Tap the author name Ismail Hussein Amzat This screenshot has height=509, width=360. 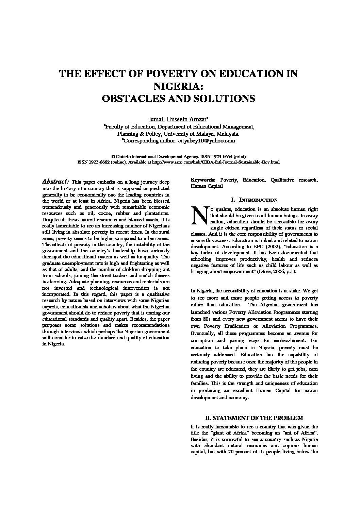click(178, 119)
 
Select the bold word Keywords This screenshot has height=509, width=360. click(203, 180)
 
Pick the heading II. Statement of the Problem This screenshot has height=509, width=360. click(254, 418)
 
